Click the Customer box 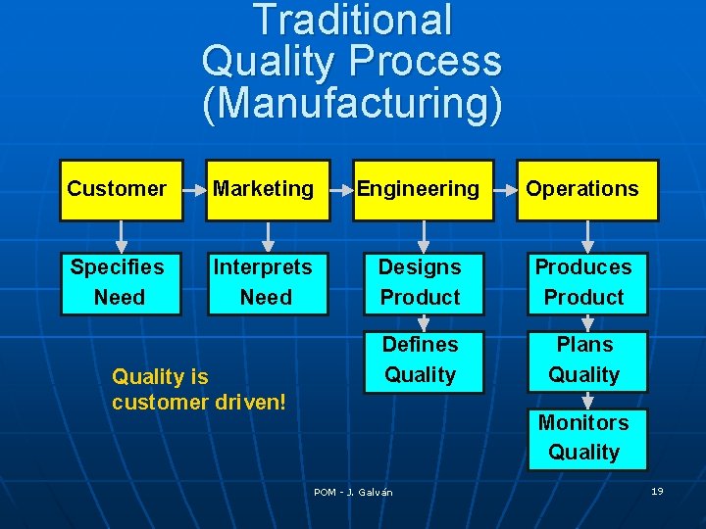(121, 189)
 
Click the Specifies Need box (120, 282)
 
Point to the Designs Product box (421, 282)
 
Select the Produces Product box (584, 282)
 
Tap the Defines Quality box (421, 360)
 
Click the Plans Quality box (584, 360)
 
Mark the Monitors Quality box (584, 437)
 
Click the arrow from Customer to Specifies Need (121, 235)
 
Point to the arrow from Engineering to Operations (505, 189)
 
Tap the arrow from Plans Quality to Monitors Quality (586, 400)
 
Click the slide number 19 (657, 491)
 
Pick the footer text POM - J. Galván (353, 492)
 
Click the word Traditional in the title (352, 21)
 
